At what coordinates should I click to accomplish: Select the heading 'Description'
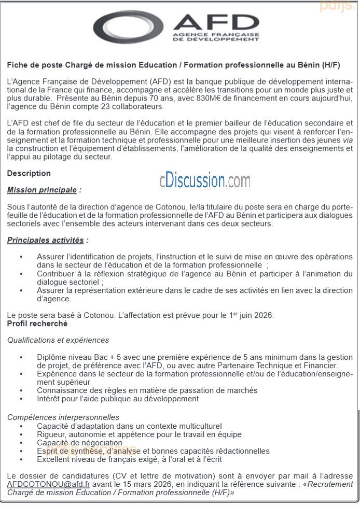[x=29, y=173]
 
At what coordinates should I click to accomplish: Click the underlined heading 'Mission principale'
[x=42, y=190]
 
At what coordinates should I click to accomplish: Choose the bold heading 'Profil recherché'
[x=37, y=324]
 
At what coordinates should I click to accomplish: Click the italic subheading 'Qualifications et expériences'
[x=58, y=340]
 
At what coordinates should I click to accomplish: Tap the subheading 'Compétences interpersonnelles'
[x=63, y=417]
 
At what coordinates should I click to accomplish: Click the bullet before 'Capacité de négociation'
[x=21, y=443]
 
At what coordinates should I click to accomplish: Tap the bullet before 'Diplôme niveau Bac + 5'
[x=21, y=357]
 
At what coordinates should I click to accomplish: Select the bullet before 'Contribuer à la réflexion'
[x=21, y=274]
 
